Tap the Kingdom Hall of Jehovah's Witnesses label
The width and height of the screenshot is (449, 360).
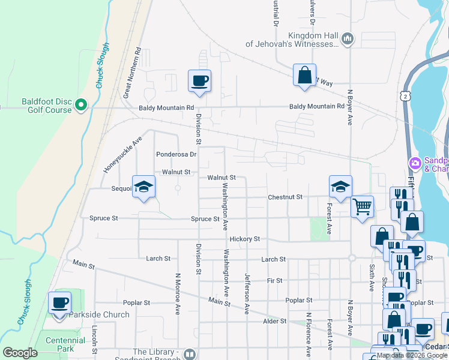[292, 40]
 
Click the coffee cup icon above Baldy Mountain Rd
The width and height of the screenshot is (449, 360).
[199, 80]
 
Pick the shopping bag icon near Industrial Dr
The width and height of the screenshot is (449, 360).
[304, 75]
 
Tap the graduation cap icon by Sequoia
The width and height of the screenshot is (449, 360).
[144, 188]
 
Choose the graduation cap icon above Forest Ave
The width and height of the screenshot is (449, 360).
[340, 186]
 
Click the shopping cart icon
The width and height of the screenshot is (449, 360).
[363, 207]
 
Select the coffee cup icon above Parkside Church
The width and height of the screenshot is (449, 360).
[59, 302]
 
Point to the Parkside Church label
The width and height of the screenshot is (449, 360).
[99, 314]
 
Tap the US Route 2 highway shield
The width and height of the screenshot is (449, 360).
[407, 96]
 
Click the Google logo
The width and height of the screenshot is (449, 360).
[20, 353]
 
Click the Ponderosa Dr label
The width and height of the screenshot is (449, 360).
[176, 154]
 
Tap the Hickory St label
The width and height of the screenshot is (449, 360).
[244, 239]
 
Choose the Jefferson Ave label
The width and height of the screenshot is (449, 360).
[247, 294]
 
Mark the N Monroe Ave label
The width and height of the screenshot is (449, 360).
[178, 295]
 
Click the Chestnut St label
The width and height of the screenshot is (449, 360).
[285, 197]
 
